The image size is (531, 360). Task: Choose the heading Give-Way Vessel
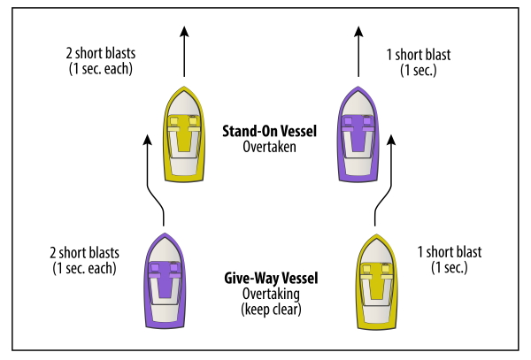[271, 279]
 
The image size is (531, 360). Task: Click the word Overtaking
[271, 294]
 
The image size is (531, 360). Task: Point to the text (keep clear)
[271, 309]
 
